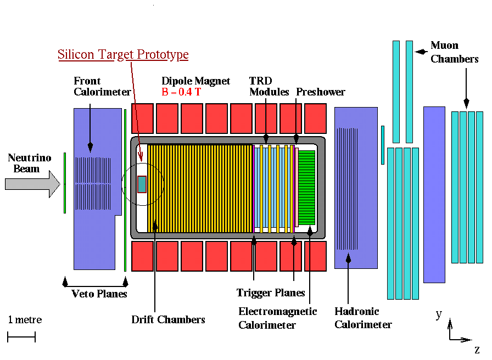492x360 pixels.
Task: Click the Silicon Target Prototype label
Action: point(123,54)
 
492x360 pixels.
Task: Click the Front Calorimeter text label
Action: point(103,87)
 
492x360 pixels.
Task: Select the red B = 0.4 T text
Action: point(181,92)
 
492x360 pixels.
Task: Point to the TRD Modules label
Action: point(269,87)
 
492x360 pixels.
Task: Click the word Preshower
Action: point(321,92)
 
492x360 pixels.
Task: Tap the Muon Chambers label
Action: point(454,52)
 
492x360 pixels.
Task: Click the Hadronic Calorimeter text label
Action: point(363,318)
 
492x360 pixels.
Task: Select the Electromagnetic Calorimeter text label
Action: point(277,318)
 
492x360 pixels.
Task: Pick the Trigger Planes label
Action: point(271,293)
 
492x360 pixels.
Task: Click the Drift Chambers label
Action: point(168,319)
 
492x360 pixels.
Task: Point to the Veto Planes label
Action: point(99,294)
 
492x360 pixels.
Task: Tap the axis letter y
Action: point(439,314)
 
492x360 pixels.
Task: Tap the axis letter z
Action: point(477,349)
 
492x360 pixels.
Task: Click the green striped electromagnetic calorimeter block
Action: point(306,187)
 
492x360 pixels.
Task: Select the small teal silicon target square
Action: point(142,184)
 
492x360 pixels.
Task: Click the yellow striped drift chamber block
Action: point(200,187)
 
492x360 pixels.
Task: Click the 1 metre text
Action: point(25,320)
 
